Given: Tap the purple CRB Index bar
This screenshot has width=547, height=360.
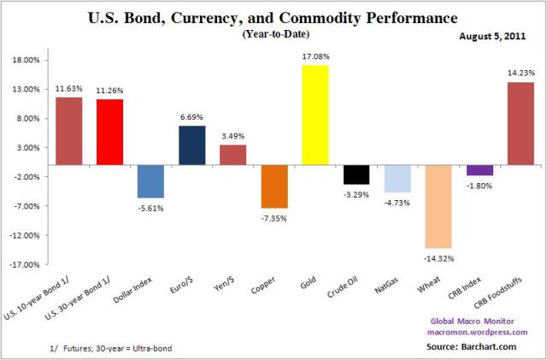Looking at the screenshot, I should [x=479, y=170].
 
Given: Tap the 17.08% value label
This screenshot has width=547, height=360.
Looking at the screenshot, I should [x=315, y=56].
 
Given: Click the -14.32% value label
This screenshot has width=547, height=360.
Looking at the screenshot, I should [x=438, y=257].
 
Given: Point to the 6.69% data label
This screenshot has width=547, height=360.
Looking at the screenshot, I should [x=192, y=117].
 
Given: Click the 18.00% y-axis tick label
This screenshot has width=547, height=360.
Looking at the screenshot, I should [x=26, y=60].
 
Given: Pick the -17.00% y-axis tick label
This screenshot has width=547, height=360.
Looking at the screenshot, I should [x=26, y=264].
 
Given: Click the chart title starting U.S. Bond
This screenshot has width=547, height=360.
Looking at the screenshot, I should [x=274, y=17].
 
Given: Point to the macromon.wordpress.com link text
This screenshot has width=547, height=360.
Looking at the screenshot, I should [x=484, y=331].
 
